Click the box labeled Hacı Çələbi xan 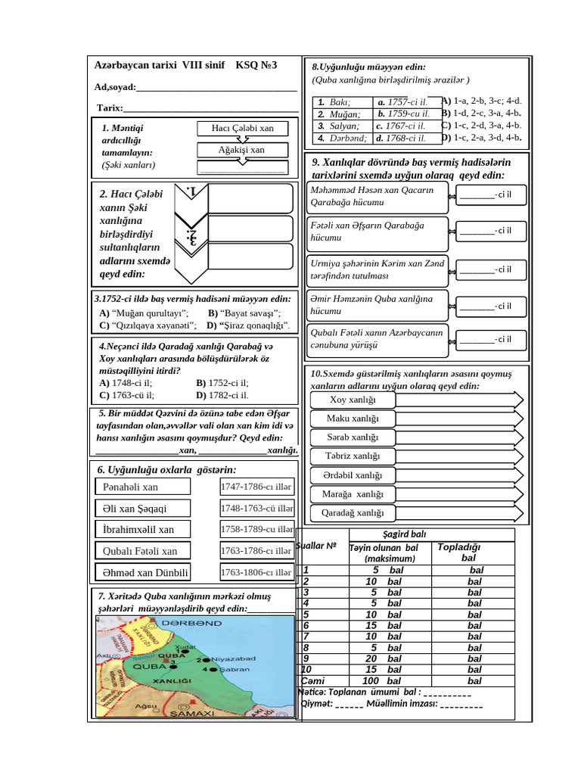coord(242,129)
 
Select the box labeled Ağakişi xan coord(242,150)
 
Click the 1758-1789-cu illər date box coord(256,529)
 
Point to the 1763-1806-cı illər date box coord(256,572)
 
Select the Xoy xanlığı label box coord(353,400)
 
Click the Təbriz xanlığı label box coord(353,456)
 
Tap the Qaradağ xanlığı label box coord(353,513)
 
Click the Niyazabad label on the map coord(234,659)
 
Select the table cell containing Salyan coord(343,126)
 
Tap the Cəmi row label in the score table coord(313,681)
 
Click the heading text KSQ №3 coord(256,66)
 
